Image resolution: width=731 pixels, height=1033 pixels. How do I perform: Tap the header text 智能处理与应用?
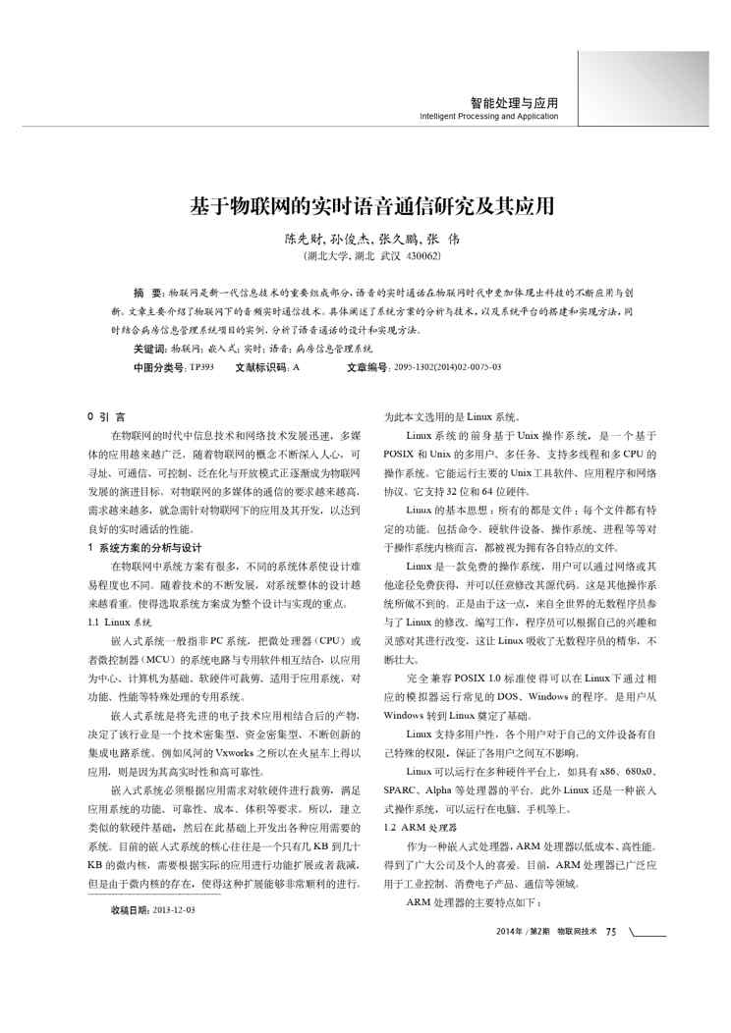514,102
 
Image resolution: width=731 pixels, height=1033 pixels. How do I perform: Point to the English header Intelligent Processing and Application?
488,116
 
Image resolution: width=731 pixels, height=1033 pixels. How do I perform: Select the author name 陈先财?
303,239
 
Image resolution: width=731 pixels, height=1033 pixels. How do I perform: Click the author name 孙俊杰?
343,239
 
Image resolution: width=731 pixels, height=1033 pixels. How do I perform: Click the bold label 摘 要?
149,294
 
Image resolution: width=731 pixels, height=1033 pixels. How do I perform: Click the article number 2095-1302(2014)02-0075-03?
447,367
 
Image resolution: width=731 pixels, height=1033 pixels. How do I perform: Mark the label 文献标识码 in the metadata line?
260,367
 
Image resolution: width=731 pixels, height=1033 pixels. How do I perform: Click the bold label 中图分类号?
158,367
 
